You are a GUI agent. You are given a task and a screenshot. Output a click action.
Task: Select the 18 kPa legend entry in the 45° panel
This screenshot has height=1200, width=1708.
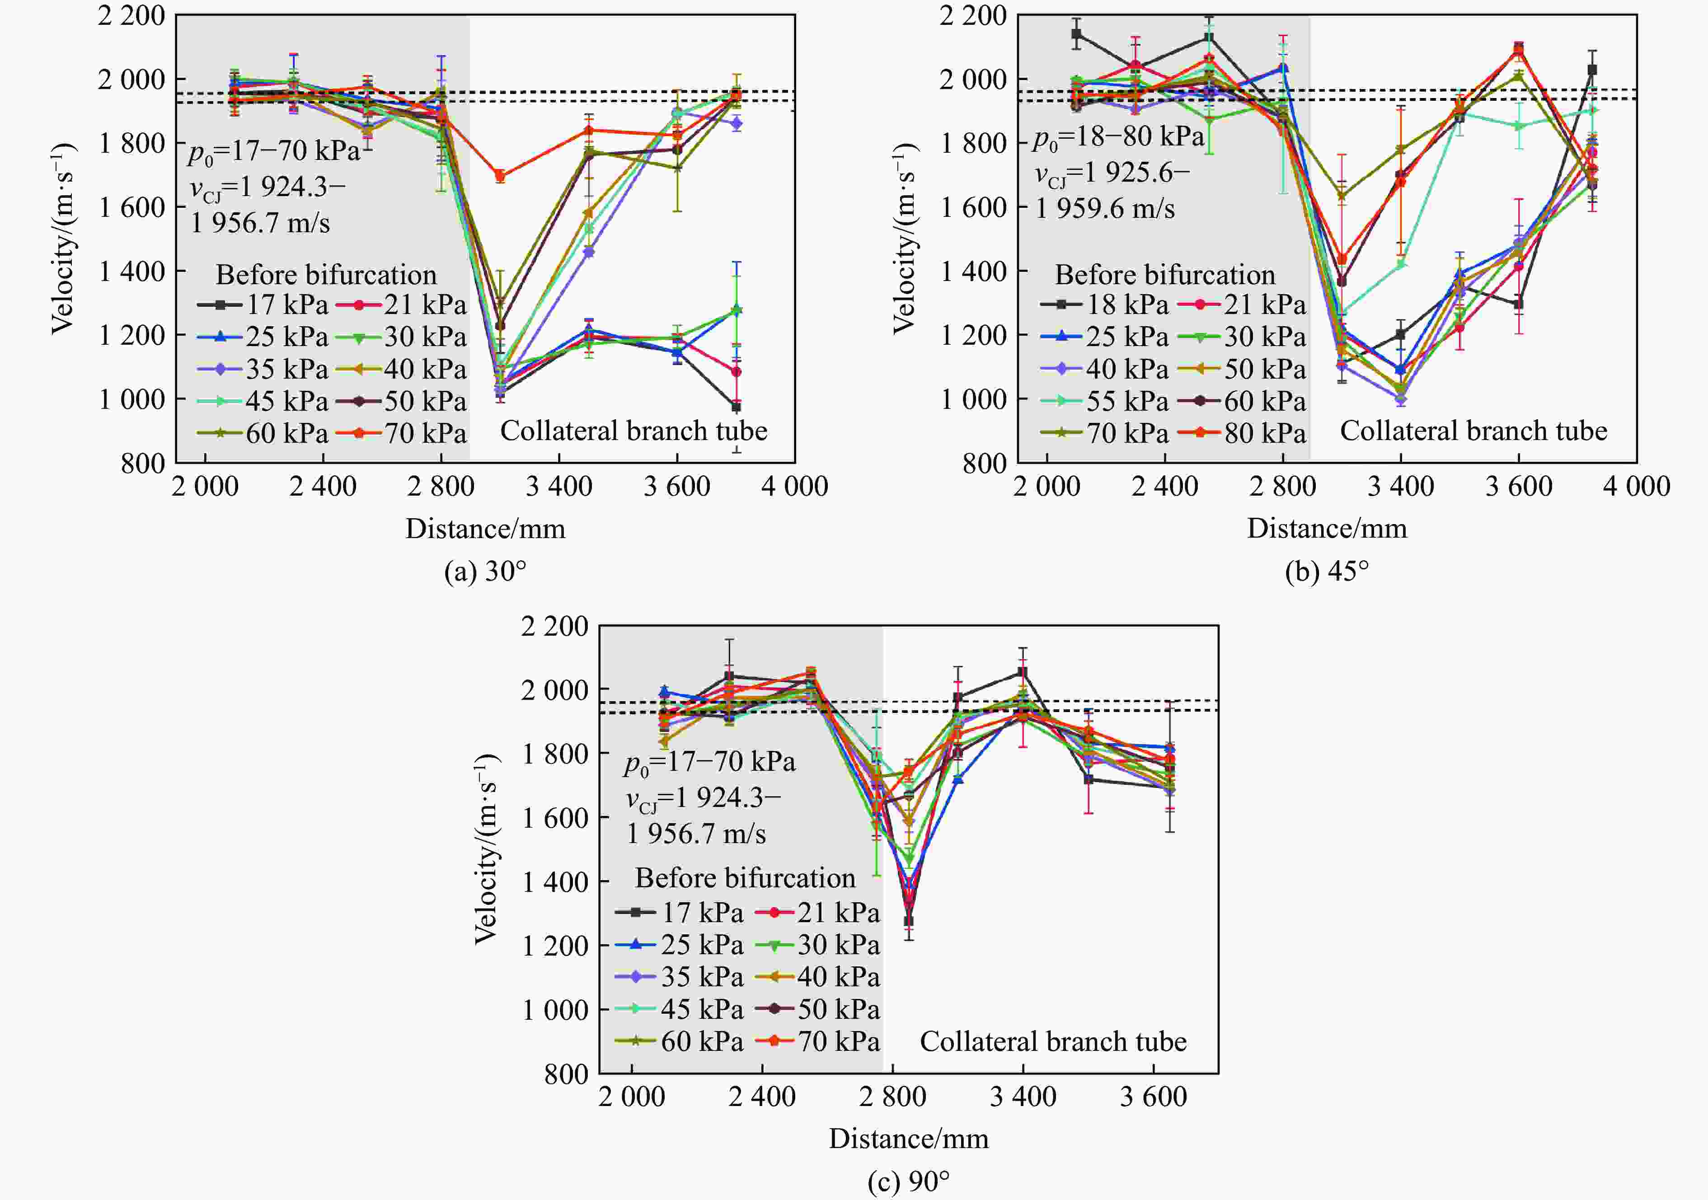pos(1105,304)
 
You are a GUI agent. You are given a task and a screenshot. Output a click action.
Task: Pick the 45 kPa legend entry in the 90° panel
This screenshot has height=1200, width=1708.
pos(680,1009)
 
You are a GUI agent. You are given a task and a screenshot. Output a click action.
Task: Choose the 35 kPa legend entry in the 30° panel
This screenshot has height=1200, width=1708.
pos(263,369)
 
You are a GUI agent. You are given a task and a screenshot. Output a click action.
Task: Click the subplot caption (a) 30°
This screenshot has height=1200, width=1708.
pos(485,572)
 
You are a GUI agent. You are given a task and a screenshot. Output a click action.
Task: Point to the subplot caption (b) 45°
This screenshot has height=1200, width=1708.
pos(1326,572)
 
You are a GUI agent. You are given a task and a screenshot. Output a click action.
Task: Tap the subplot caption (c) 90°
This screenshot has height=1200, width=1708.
pos(908,1181)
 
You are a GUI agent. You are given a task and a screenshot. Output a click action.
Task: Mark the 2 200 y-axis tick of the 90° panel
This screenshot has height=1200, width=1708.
pos(554,626)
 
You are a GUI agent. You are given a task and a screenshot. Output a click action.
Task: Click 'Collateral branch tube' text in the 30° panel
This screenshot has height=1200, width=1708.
pos(633,431)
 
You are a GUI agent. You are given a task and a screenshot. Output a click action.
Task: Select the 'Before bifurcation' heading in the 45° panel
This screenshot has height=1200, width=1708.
pos(1165,275)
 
